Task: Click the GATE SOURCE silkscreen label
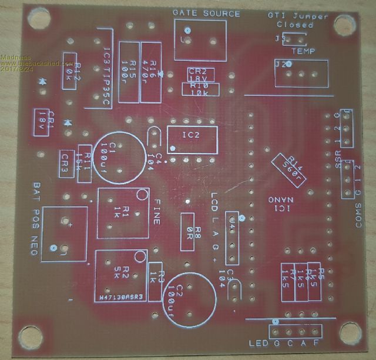pos(206,13)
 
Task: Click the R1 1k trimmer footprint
pos(122,213)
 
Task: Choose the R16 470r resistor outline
pos(152,66)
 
